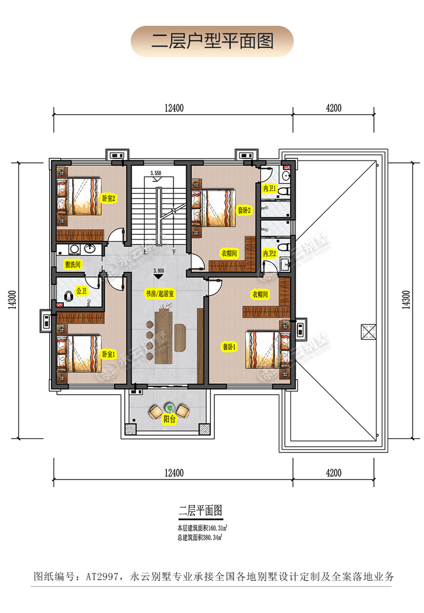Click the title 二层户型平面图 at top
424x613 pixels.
tap(212, 41)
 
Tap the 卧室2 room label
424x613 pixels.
tap(109, 198)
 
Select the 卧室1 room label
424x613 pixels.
tap(109, 355)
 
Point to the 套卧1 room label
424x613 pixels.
tap(230, 347)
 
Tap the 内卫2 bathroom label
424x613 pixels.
tap(270, 254)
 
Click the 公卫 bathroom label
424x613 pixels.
tap(82, 291)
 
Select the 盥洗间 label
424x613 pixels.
tap(73, 264)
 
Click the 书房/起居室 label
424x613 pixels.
tap(159, 295)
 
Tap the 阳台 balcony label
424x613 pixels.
tap(169, 420)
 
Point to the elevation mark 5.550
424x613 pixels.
tap(156, 172)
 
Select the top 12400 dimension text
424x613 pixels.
tap(173, 108)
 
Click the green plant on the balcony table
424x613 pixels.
tap(169, 406)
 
